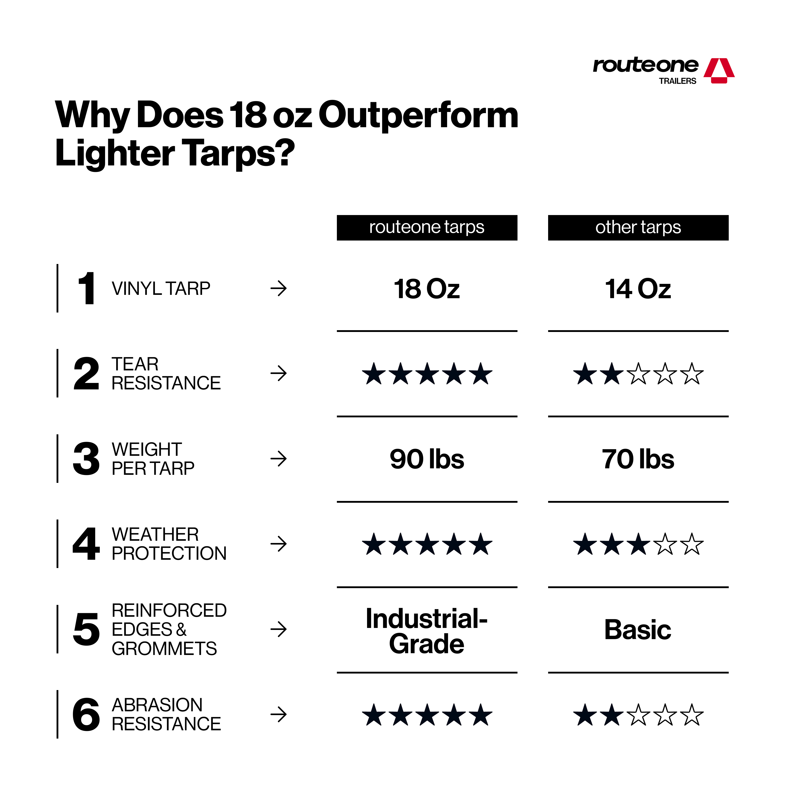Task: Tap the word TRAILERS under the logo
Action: point(678,81)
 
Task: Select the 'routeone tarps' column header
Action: point(427,228)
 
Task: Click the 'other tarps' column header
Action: point(638,228)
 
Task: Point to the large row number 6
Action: point(86,714)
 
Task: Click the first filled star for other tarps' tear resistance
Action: point(585,374)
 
